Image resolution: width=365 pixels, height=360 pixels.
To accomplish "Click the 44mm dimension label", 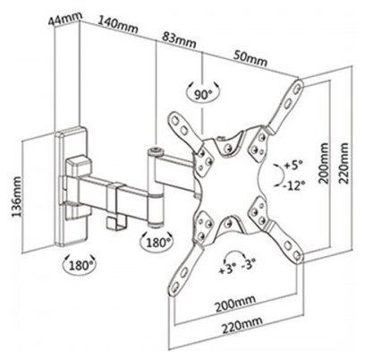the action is point(65,20).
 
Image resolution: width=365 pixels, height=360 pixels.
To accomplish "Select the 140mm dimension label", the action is point(118,25).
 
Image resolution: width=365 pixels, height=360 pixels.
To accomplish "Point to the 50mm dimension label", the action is point(250,58).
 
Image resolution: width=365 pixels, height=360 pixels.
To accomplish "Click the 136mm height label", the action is point(17,197).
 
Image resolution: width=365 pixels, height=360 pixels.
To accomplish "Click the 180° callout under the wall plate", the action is point(81,264).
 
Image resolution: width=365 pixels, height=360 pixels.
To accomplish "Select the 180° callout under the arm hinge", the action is point(157,242).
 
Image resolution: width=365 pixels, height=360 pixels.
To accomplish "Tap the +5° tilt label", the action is point(293,165).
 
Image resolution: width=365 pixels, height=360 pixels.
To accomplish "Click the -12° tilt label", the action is point(294,185).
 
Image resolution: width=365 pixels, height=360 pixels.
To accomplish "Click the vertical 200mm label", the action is point(324,163).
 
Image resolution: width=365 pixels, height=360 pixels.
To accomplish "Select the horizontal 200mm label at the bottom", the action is point(235,304).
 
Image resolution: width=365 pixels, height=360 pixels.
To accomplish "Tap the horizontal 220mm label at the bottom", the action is point(242,325).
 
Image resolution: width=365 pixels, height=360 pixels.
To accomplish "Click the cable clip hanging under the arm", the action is point(117,224).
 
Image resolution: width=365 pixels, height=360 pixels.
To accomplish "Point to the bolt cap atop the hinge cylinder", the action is point(156,150).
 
